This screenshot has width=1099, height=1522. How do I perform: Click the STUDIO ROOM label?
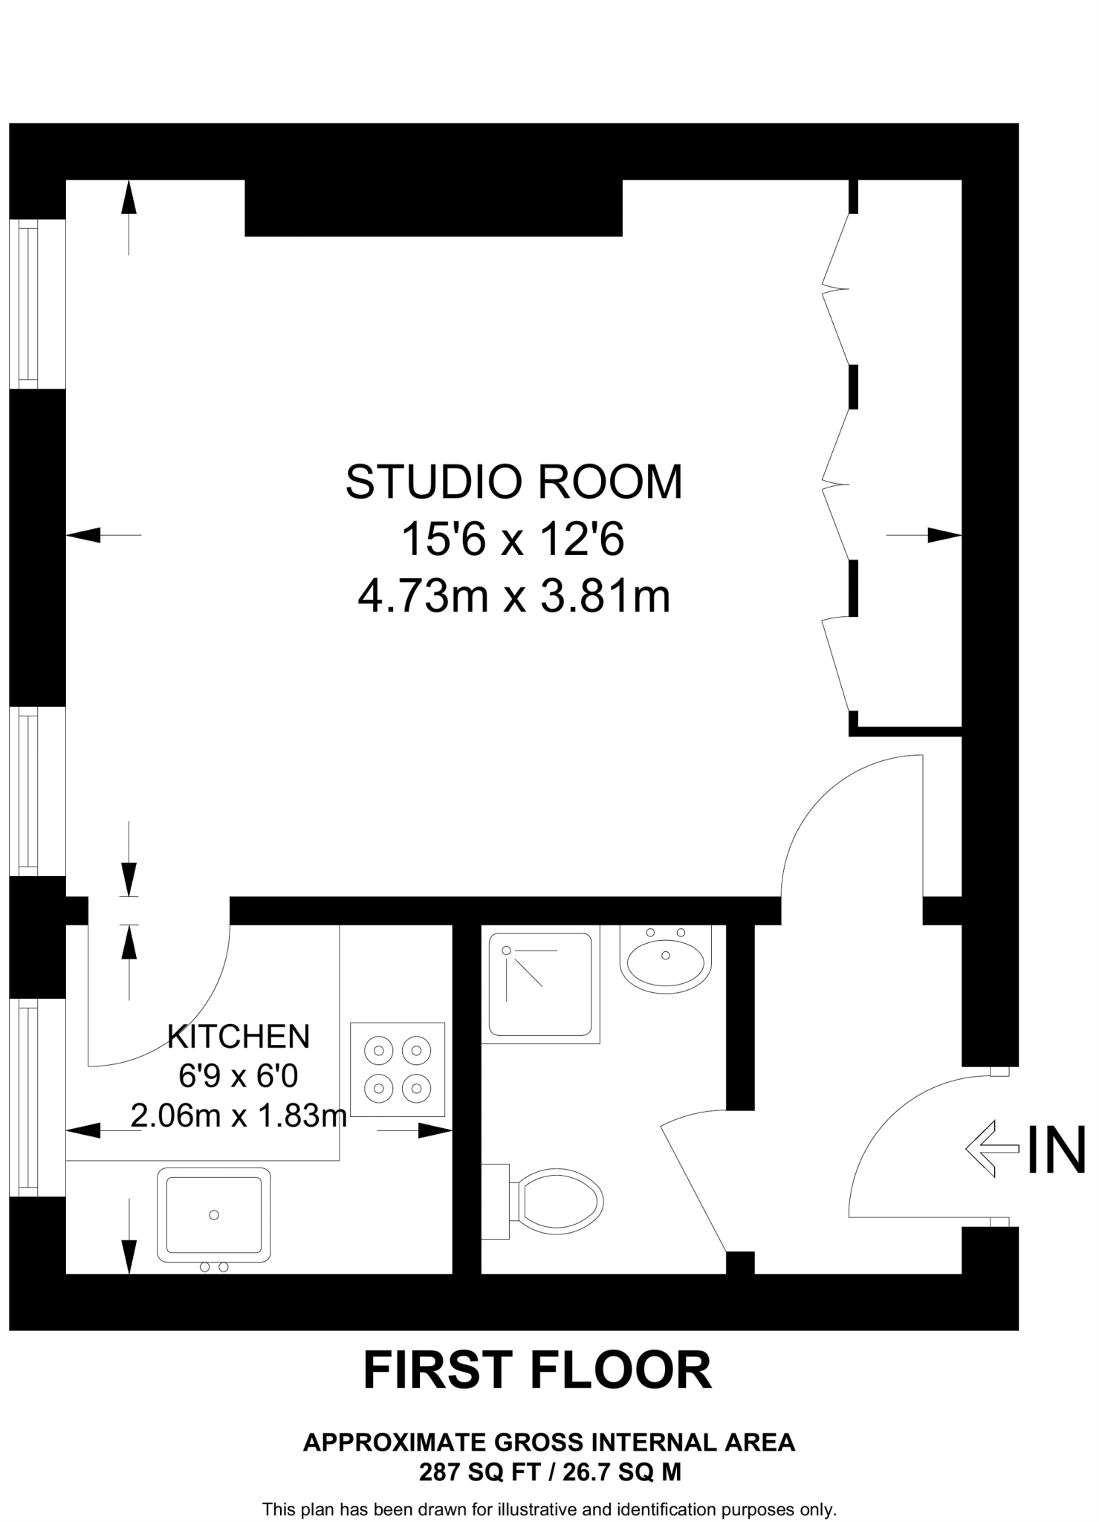(x=513, y=482)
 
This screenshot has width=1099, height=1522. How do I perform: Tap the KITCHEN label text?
(x=238, y=1036)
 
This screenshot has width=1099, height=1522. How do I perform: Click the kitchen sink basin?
(x=214, y=1214)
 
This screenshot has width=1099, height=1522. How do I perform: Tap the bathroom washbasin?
(x=666, y=959)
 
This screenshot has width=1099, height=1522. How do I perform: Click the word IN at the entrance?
(x=1057, y=1149)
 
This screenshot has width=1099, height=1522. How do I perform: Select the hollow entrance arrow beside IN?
(x=992, y=1149)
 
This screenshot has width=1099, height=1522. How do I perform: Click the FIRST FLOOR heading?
(x=537, y=1371)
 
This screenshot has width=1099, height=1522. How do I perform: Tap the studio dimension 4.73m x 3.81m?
(x=514, y=596)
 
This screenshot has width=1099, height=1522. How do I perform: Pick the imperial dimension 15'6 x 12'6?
(x=513, y=539)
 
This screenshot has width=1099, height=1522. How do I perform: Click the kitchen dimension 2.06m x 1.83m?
(x=239, y=1115)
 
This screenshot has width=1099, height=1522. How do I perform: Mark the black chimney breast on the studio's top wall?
(x=434, y=208)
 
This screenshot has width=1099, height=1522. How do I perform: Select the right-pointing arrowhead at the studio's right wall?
(x=944, y=535)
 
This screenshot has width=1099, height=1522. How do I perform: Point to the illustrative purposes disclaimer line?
(x=550, y=1510)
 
